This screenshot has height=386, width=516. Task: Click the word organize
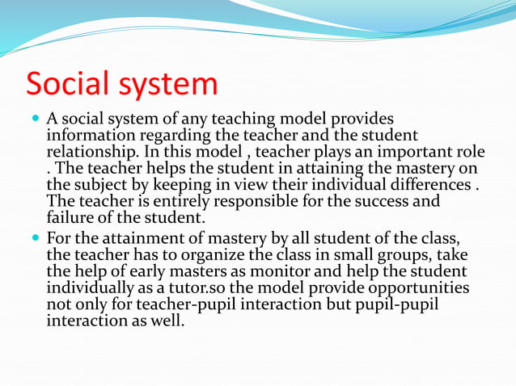pyautogui.click(x=210, y=254)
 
